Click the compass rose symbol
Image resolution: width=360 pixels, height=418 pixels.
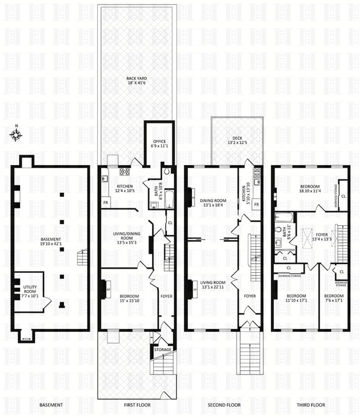(16, 135)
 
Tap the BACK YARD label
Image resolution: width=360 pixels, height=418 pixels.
(137, 78)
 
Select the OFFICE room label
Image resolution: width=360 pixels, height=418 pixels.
(159, 141)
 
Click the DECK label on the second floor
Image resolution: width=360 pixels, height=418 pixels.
(238, 138)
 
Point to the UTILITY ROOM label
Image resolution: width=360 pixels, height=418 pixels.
(30, 289)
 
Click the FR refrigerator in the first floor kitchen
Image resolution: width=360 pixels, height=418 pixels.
(106, 203)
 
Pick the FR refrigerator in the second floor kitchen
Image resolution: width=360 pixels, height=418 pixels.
(256, 205)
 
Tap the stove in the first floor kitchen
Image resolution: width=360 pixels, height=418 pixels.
(124, 172)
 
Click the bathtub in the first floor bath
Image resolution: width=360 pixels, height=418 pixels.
(169, 199)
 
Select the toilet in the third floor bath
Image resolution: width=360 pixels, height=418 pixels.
(279, 230)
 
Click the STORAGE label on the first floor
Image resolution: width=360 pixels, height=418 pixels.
(163, 350)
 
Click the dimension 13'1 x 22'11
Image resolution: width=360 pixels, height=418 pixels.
(212, 287)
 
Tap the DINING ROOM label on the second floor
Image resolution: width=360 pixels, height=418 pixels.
(213, 201)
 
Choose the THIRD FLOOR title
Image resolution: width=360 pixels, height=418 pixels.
(311, 405)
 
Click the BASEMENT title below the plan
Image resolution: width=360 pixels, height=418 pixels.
(51, 405)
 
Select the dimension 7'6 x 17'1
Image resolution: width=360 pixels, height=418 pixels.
(333, 300)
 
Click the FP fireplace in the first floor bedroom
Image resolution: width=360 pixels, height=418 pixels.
(108, 290)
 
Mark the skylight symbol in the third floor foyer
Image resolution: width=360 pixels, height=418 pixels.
(307, 239)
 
